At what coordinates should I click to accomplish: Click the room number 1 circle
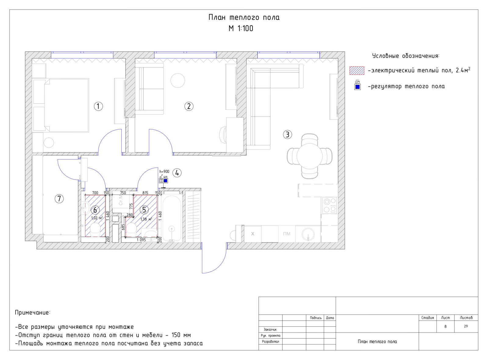pyautogui.click(x=98, y=106)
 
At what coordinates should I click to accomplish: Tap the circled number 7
pyautogui.click(x=59, y=199)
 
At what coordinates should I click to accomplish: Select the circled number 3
pyautogui.click(x=287, y=135)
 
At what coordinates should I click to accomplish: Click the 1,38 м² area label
pyautogui.click(x=146, y=219)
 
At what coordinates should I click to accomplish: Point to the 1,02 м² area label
pyautogui.click(x=97, y=218)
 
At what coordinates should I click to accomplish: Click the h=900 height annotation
pyautogui.click(x=164, y=171)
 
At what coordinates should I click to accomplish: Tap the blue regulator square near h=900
pyautogui.click(x=166, y=181)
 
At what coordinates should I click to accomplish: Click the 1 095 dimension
pyautogui.click(x=141, y=240)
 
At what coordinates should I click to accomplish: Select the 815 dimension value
pyautogui.click(x=145, y=193)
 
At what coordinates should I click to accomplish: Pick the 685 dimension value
pyautogui.click(x=123, y=227)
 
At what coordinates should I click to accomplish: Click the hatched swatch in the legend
pyautogui.click(x=357, y=70)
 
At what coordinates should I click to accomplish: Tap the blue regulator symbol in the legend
pyautogui.click(x=357, y=87)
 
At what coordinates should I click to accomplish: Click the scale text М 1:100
pyautogui.click(x=241, y=29)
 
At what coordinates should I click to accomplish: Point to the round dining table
pyautogui.click(x=310, y=156)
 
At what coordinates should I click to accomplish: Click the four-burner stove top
pyautogui.click(x=330, y=205)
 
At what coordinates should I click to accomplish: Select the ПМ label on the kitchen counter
pyautogui.click(x=287, y=234)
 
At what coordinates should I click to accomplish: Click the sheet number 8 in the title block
pyautogui.click(x=445, y=326)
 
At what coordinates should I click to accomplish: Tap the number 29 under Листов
pyautogui.click(x=466, y=326)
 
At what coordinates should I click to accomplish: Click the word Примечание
pyautogui.click(x=32, y=313)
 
